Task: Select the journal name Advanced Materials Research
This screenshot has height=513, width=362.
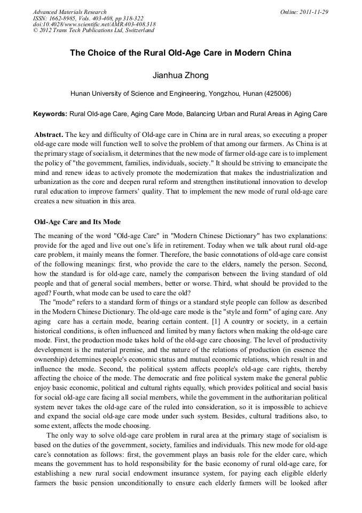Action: click(x=69, y=11)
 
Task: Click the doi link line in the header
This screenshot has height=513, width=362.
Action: click(x=94, y=24)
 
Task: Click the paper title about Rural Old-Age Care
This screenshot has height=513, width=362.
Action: click(x=180, y=53)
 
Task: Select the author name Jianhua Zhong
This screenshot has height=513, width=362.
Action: click(x=180, y=75)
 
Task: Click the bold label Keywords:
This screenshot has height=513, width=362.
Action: click(x=50, y=114)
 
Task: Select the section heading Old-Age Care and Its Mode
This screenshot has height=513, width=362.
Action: click(x=77, y=222)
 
